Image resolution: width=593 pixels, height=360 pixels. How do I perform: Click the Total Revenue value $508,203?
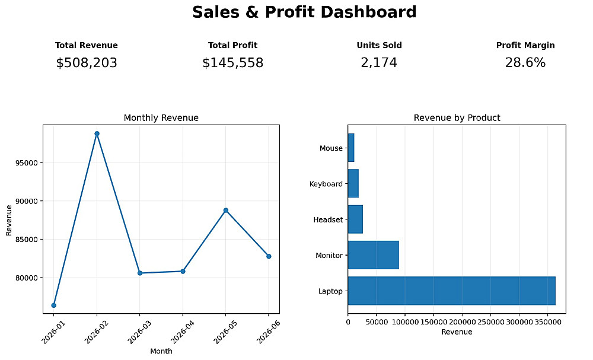87,63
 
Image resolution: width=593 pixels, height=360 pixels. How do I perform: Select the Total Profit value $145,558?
232,63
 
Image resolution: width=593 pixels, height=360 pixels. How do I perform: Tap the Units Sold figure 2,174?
379,63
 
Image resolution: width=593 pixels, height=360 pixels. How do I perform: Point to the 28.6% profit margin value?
525,63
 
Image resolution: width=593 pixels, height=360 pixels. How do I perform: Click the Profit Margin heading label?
525,46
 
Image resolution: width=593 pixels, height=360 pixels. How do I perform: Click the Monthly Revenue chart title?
161,118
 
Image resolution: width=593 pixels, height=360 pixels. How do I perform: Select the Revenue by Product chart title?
457,118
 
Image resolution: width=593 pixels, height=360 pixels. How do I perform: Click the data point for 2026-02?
97,133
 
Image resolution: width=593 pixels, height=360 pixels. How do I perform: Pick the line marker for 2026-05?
226,211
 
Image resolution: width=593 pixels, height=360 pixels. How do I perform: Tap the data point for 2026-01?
54,305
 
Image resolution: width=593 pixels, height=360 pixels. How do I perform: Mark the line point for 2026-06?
269,256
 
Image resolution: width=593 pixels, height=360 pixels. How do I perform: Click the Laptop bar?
451,291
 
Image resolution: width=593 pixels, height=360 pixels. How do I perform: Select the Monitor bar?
373,255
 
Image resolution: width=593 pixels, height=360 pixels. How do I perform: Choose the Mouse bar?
351,148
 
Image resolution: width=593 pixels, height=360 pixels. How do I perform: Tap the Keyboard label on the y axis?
326,184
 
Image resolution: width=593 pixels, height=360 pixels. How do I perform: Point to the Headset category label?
328,219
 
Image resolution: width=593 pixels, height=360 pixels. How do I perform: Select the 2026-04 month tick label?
182,332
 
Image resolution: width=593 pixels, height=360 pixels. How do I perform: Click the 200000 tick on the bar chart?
462,322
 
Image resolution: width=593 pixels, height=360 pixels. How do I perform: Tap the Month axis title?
161,351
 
